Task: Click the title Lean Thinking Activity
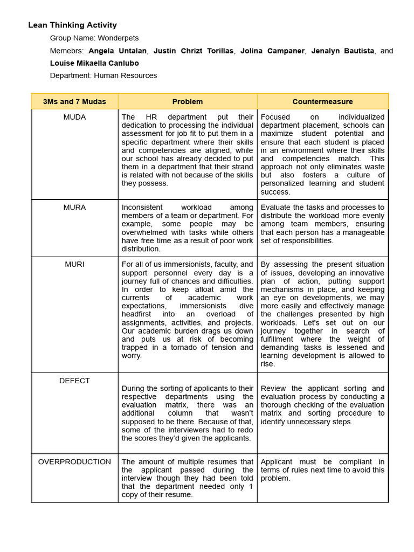tap(72, 25)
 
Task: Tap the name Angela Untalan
tap(117, 51)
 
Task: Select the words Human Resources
tap(126, 75)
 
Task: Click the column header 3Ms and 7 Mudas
tap(74, 101)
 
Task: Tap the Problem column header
tap(188, 101)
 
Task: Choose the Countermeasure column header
tap(322, 101)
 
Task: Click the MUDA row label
tap(74, 117)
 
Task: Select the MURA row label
tap(74, 208)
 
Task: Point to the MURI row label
tap(74, 265)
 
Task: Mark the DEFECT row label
tap(74, 381)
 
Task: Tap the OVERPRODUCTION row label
tap(74, 462)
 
